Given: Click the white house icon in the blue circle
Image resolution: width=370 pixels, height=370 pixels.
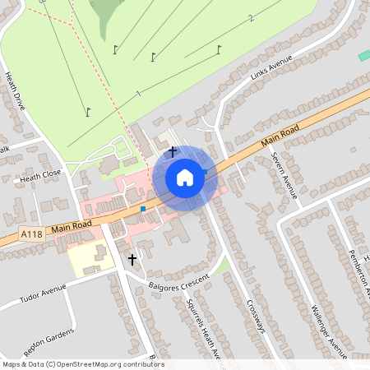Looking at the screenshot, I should [185, 178].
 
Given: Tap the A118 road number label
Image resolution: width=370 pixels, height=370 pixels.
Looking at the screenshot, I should [31, 234].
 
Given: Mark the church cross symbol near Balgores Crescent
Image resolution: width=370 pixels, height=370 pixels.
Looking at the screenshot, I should [132, 260].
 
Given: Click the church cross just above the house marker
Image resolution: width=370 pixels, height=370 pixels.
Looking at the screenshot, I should [173, 151].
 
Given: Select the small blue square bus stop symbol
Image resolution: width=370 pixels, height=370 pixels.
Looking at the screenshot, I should [143, 209].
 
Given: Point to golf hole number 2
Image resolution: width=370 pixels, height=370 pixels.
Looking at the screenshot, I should [252, 17].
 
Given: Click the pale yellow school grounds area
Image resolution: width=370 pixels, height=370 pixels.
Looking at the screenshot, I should [86, 260].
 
